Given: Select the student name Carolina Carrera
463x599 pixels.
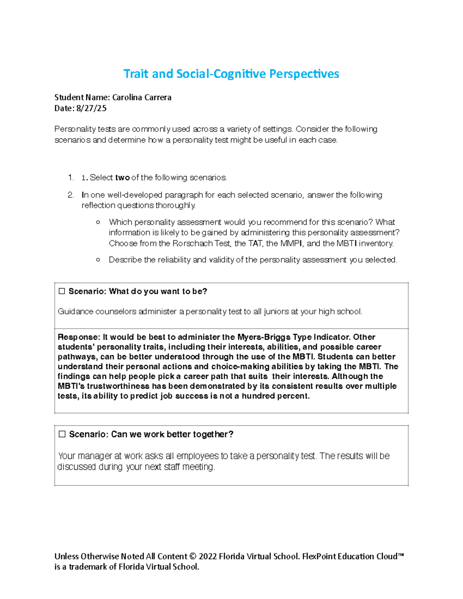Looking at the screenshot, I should click(x=142, y=98).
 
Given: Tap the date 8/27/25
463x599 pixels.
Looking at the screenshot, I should click(x=91, y=108).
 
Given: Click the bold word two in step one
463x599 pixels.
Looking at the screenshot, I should click(x=122, y=177).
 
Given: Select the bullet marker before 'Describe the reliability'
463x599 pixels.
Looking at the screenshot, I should click(x=98, y=260).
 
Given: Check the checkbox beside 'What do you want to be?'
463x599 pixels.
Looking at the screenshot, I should click(x=62, y=291).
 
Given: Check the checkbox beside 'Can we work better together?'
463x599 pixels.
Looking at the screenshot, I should click(x=62, y=434).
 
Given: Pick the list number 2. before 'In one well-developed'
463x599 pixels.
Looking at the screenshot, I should click(x=71, y=195).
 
